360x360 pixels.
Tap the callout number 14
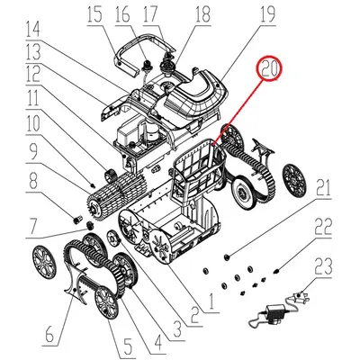[33, 26]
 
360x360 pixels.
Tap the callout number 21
[322, 189]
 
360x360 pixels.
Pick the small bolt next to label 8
[77, 217]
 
